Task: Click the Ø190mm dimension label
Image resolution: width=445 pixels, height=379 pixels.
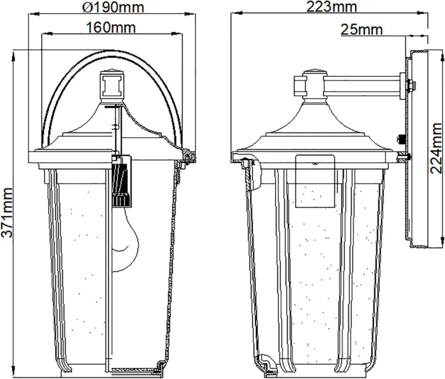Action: tap(113, 8)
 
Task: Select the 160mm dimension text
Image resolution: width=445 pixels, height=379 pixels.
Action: tap(111, 27)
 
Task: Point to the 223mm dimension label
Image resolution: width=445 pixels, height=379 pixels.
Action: tap(332, 7)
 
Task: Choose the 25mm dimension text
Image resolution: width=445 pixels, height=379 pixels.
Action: tap(361, 29)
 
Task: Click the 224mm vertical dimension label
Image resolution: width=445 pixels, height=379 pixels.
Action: tap(436, 148)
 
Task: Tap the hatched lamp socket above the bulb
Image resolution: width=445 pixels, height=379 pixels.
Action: tap(122, 181)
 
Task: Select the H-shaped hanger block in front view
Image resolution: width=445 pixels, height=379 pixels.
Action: tap(112, 85)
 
